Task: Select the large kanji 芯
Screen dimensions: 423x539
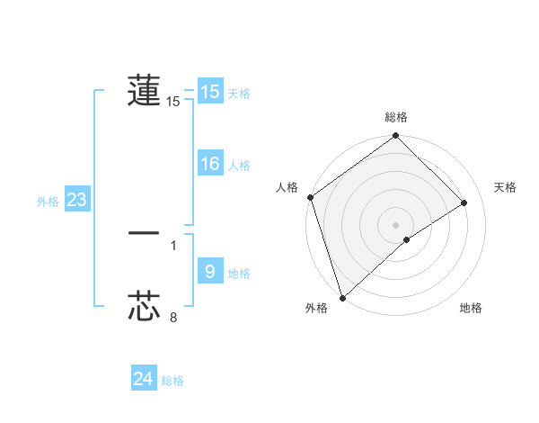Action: point(144,306)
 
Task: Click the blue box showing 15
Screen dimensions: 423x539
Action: point(210,92)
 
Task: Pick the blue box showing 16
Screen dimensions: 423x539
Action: point(210,164)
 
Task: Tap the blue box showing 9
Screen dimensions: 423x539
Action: point(210,270)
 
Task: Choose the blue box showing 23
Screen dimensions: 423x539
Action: point(76,200)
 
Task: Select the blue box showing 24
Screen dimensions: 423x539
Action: point(144,379)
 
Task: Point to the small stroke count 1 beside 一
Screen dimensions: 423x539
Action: point(173,244)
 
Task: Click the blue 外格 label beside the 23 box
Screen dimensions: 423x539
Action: point(48,202)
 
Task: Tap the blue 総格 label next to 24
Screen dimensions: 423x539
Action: point(172,381)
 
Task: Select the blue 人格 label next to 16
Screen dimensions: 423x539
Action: point(240,166)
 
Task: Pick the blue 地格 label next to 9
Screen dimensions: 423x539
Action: point(240,274)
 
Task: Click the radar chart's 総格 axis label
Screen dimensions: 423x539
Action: point(396,117)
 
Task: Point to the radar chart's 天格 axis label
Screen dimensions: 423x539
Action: point(505,187)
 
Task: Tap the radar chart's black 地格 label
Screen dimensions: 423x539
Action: point(471,309)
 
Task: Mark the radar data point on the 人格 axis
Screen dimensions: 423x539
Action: point(310,197)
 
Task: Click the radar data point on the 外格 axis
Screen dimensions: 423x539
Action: point(342,297)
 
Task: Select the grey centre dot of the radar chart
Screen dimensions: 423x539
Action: point(395,224)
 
